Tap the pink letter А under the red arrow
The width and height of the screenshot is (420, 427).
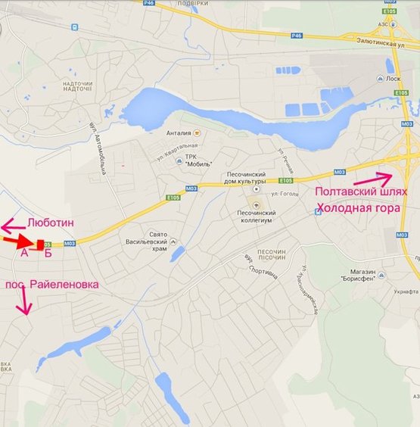pyautogui.click(x=23, y=253)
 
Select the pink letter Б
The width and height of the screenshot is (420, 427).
pyautogui.click(x=48, y=253)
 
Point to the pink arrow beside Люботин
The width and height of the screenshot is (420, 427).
pyautogui.click(x=11, y=226)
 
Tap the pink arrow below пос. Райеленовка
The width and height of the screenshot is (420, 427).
pyautogui.click(x=25, y=304)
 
